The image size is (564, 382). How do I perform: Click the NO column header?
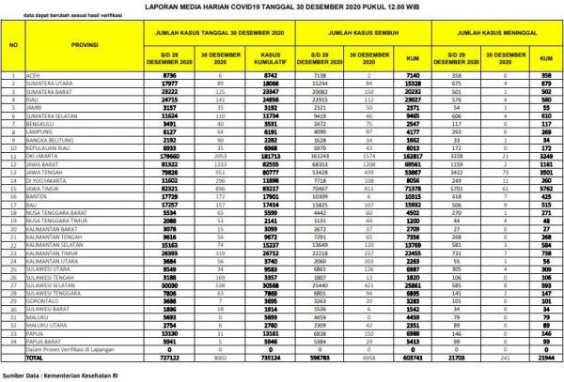(x=12, y=44)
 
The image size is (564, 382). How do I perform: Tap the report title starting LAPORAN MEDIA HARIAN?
(x=282, y=6)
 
